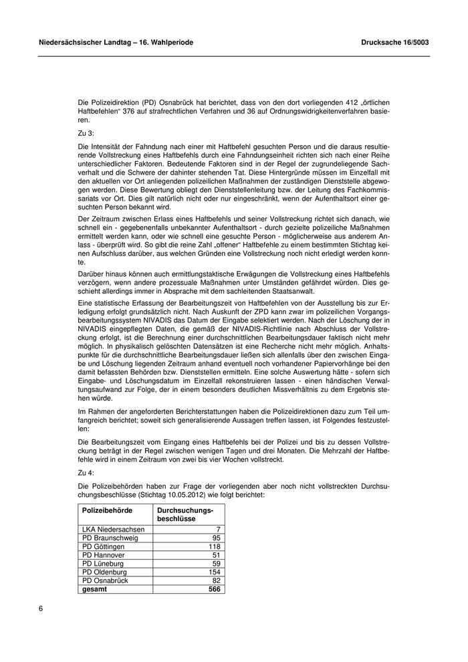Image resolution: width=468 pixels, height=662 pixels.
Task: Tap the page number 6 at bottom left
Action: point(41,609)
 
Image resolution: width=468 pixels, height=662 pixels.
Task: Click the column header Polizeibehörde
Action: point(107,510)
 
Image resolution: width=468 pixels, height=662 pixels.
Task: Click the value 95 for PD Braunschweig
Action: point(216,538)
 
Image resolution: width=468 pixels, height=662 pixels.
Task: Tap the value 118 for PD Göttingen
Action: point(214,546)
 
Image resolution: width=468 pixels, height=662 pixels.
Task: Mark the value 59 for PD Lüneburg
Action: point(216,564)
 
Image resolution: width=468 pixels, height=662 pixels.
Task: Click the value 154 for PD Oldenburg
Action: point(214,572)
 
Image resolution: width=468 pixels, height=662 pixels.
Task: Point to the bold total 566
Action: point(214,590)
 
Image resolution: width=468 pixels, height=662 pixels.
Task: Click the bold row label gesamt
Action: point(94,590)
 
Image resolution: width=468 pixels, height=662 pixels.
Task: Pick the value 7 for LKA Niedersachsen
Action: point(218,529)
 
